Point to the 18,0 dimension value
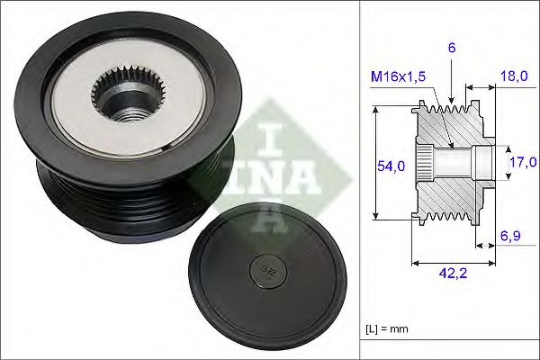(x=514, y=78)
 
